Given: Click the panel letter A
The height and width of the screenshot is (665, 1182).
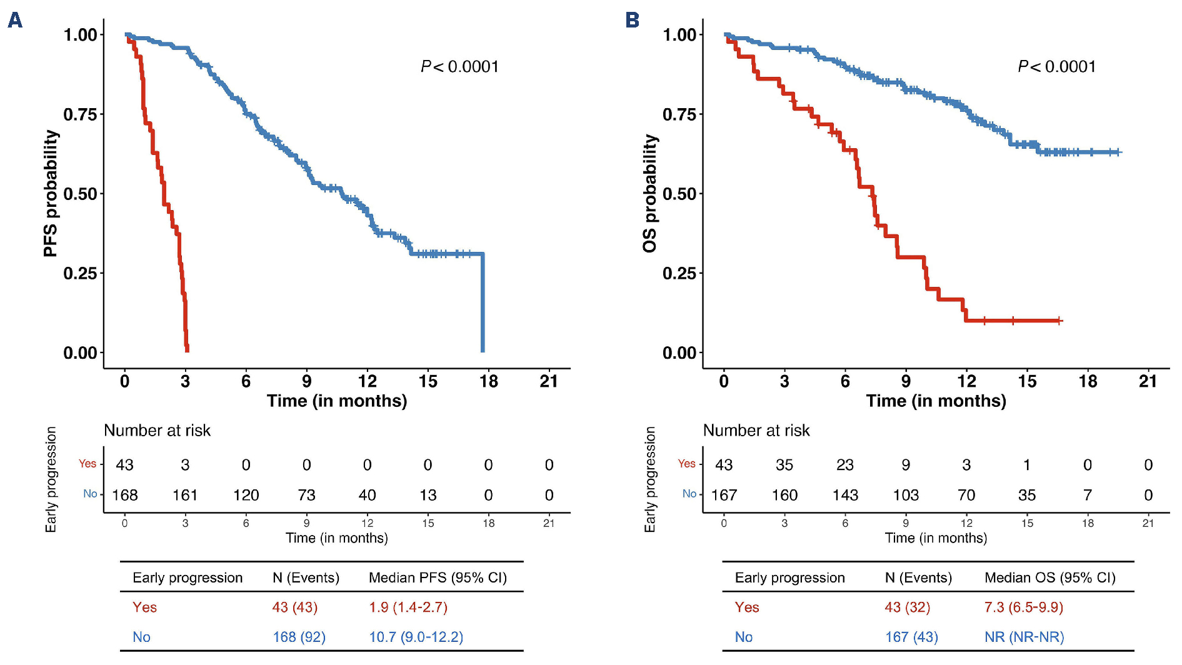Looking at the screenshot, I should point(15,20).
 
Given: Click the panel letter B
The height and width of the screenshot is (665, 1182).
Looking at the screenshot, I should point(632,20).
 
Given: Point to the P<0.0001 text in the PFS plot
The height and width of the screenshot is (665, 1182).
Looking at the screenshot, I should point(459,67).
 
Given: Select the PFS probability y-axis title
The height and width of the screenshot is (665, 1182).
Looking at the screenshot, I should point(51,193).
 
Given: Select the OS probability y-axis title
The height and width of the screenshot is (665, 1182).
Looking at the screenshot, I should point(650,193).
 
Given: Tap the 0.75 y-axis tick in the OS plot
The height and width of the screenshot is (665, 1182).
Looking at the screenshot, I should point(683,114).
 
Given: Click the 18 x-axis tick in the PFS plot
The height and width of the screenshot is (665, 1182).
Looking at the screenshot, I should point(488,381).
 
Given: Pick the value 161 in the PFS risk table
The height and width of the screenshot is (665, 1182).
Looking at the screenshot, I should point(185,495).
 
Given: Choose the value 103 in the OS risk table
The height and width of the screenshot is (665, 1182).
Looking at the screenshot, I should point(905,495).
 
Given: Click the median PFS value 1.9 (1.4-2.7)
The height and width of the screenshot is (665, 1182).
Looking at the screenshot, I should point(408,607).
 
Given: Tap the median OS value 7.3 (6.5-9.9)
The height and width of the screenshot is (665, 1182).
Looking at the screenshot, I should point(1023,607).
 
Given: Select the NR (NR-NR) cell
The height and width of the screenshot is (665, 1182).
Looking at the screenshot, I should point(1024,637).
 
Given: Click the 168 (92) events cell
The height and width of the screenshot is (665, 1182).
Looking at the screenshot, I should point(299,637).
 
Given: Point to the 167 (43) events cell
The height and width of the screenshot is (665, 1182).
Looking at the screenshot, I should point(911,637).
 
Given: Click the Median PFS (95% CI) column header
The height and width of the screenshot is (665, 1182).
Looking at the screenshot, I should point(438,577).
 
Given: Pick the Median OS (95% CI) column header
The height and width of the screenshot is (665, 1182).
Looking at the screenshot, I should point(1049,577).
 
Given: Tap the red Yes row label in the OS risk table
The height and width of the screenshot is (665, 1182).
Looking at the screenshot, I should point(686,464).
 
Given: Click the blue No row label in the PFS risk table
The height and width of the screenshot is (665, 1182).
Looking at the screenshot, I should point(90,494).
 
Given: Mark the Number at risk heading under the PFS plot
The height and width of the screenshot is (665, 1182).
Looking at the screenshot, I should point(157,431).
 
